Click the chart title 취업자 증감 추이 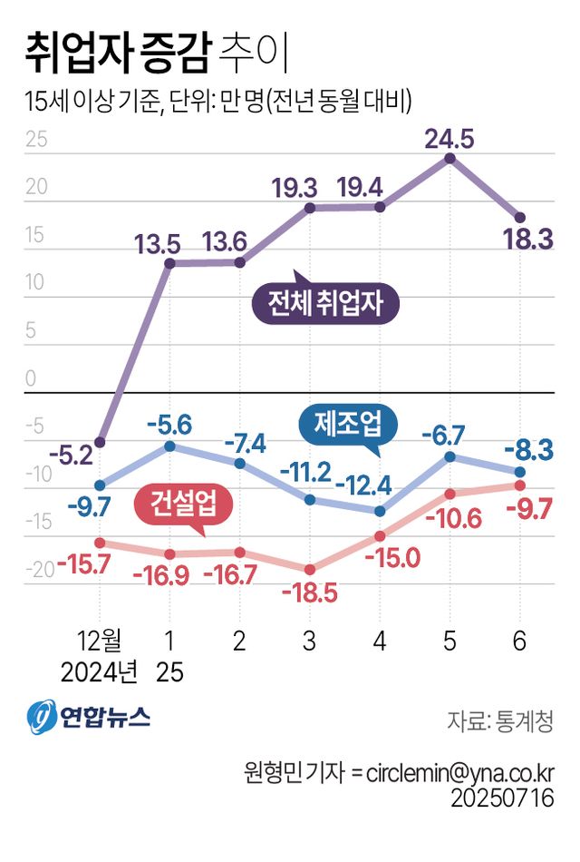coord(156,53)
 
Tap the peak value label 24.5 coord(449,139)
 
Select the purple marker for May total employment coord(449,159)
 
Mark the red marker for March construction coord(310,569)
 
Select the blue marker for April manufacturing coord(380,511)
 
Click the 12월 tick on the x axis coord(100,642)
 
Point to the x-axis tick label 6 coord(519,642)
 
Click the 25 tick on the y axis coord(37,141)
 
